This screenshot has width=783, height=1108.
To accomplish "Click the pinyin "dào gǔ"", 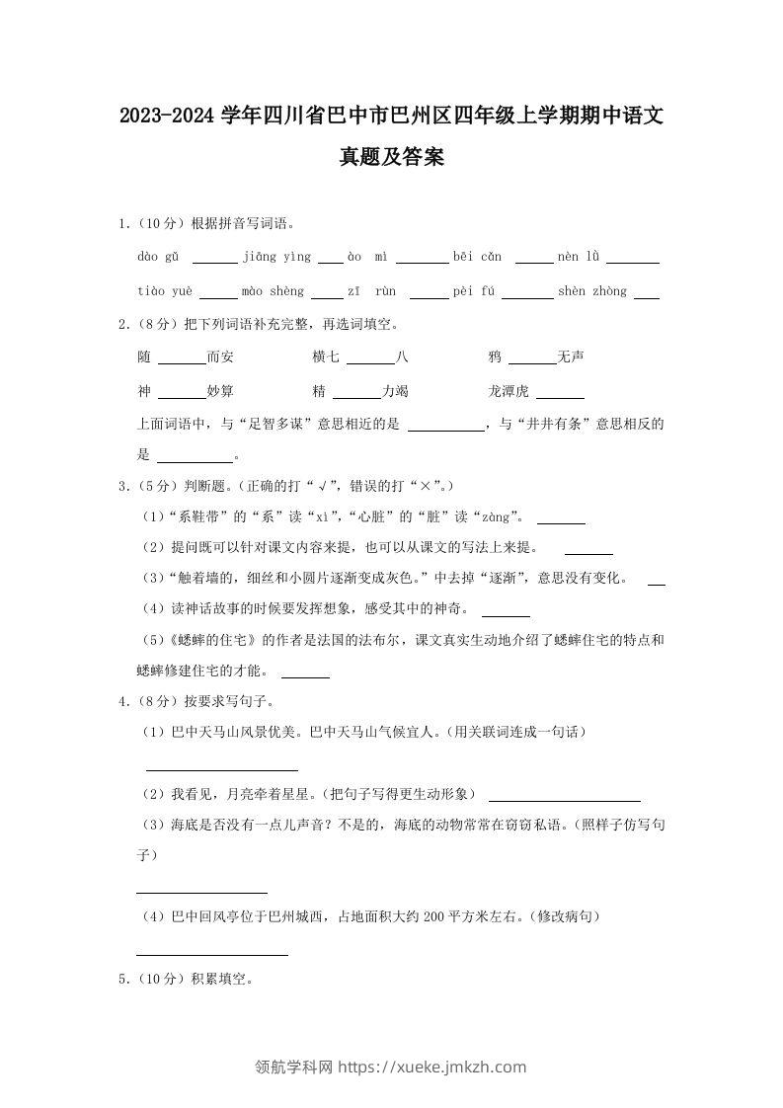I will point(158,257).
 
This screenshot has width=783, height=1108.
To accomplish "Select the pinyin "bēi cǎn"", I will point(477,257).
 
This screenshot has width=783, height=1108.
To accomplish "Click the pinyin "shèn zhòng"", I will point(592,291).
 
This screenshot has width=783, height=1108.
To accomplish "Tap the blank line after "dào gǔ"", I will point(214,262).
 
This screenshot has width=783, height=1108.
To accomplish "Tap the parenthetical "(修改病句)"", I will point(564,917).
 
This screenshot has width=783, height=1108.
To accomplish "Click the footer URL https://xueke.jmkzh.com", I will point(432,1067).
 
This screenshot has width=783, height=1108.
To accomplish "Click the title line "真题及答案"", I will point(391,157).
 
